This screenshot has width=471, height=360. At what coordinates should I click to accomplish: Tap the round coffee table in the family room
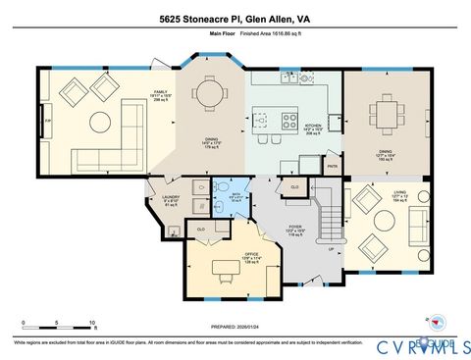[x=100, y=122]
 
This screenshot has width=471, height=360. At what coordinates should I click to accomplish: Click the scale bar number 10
[x=91, y=322]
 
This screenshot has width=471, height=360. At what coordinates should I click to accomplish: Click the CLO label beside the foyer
[x=294, y=185]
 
